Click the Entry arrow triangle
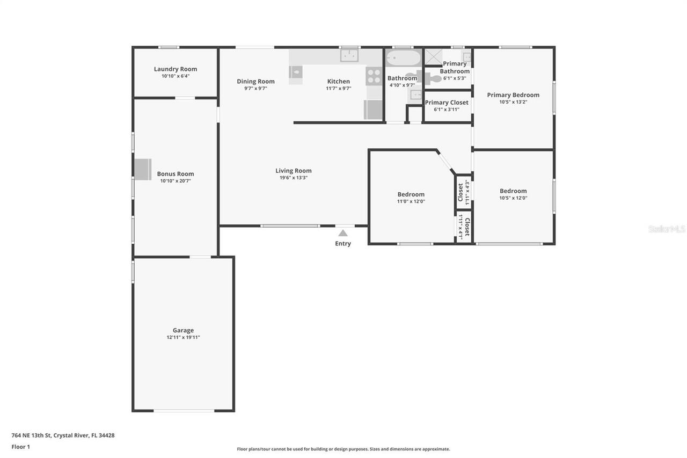(x=343, y=233)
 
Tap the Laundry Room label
(x=176, y=69)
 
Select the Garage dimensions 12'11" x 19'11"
(x=183, y=337)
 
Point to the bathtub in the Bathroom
(x=403, y=58)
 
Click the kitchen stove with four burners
(x=374, y=76)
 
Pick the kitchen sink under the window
(x=349, y=55)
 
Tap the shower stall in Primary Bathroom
(x=433, y=57)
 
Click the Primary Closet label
(x=447, y=103)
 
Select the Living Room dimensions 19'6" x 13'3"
(x=294, y=178)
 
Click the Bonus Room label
(x=176, y=173)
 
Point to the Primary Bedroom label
(x=513, y=95)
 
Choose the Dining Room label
(x=255, y=81)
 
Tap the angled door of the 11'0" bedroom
(x=444, y=162)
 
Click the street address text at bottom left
(x=63, y=435)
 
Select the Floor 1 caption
(x=20, y=447)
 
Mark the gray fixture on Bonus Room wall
(x=143, y=169)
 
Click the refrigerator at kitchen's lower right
(x=373, y=110)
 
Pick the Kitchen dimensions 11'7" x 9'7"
(x=338, y=89)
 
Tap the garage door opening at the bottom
(x=184, y=410)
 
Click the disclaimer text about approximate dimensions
(x=343, y=449)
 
